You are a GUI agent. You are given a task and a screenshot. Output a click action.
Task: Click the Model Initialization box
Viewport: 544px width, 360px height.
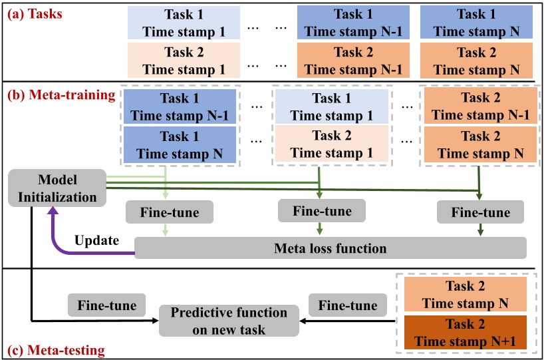[58, 188]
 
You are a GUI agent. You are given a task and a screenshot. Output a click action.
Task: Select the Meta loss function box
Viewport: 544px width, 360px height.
[331, 248]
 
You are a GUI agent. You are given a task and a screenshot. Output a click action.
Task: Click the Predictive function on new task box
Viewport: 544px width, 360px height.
[229, 321]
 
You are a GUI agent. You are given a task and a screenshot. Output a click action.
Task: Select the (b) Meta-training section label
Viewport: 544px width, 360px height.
[60, 95]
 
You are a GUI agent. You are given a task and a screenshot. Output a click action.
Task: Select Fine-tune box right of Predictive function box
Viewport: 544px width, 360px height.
[348, 305]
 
